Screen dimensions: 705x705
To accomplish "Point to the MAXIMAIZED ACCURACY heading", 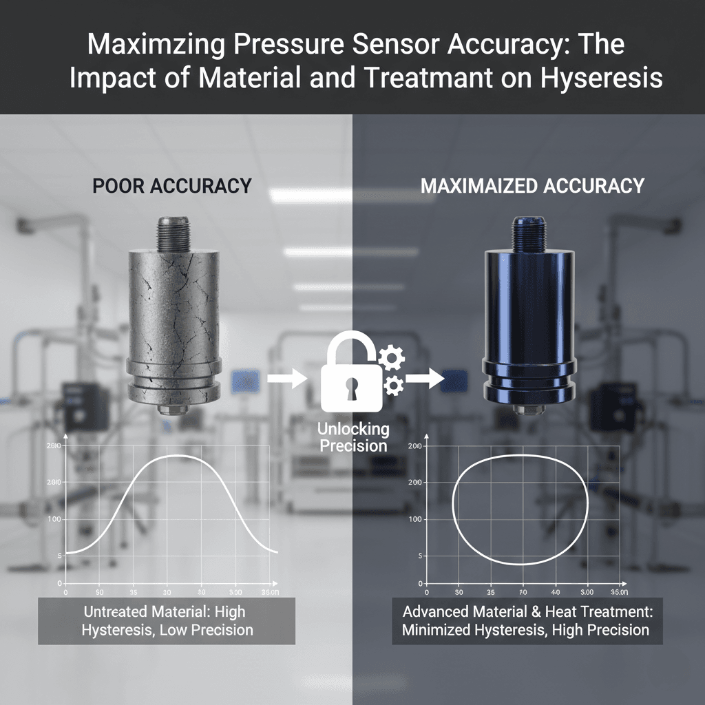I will click(532, 186).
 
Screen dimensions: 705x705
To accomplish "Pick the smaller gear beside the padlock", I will click(394, 385).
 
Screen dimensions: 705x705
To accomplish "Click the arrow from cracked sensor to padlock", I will click(286, 377).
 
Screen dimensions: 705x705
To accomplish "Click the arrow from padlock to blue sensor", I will click(424, 377).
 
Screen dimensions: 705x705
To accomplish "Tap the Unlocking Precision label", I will click(353, 437).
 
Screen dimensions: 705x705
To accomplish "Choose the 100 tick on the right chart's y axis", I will click(414, 518).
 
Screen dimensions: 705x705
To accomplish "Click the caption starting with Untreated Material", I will click(167, 620).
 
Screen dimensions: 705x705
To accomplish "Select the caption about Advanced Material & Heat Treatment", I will click(527, 620).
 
